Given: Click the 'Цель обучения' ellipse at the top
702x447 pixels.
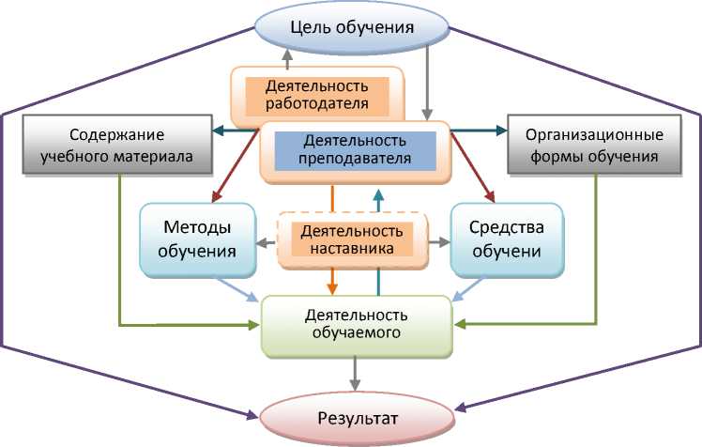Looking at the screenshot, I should click(x=352, y=26).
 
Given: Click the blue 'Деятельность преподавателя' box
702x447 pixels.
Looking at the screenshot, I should click(x=354, y=149).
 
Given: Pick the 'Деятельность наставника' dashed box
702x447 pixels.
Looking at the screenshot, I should click(x=352, y=239).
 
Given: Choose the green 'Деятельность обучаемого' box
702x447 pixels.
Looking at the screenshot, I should click(x=356, y=323).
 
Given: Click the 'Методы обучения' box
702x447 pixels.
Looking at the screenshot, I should click(x=198, y=239).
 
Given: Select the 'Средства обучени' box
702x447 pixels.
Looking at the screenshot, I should click(x=508, y=239).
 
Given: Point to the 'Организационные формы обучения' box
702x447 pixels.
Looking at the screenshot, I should click(x=588, y=146).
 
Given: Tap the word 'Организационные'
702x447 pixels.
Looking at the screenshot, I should click(x=588, y=134).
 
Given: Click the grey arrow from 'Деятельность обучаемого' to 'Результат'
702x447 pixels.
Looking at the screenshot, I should click(x=355, y=375).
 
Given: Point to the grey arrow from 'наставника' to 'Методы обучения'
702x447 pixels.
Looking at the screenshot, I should click(x=268, y=241).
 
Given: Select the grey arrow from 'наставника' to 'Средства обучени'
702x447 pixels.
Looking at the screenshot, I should click(x=437, y=241).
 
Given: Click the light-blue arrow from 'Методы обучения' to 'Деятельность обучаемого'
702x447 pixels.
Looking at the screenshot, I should click(x=237, y=289).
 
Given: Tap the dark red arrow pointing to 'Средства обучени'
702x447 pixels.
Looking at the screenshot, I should click(x=473, y=167).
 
